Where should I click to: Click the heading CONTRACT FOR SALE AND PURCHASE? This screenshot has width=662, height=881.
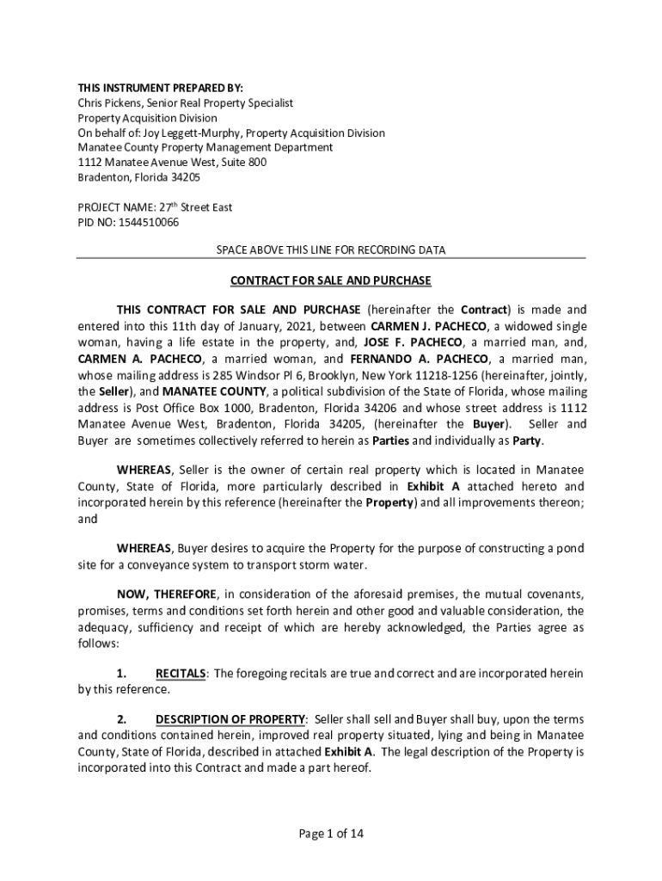tap(331, 281)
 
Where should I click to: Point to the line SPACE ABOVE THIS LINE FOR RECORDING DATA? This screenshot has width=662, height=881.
tap(331, 250)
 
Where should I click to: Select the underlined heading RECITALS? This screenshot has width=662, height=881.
tap(181, 674)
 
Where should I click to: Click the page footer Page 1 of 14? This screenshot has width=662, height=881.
tap(330, 833)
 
